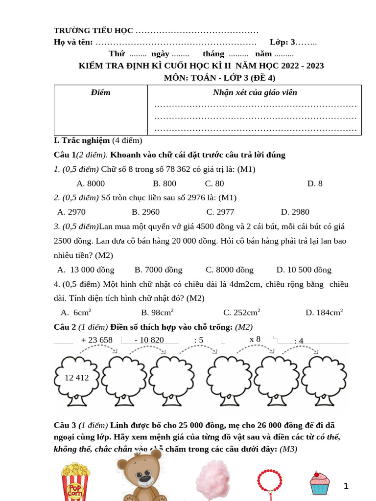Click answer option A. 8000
[x=91, y=183]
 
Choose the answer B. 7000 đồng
[x=158, y=270]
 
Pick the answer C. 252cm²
[x=241, y=312]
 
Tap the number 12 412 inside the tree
[x=76, y=377]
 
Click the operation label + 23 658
[x=96, y=340]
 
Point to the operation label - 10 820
[x=149, y=340]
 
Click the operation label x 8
[x=255, y=339]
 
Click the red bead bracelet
[x=270, y=481]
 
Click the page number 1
[x=346, y=486]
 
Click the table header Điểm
[x=101, y=92]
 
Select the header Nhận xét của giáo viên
[x=255, y=92]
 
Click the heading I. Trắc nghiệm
[x=82, y=140]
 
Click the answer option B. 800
[x=164, y=183]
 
